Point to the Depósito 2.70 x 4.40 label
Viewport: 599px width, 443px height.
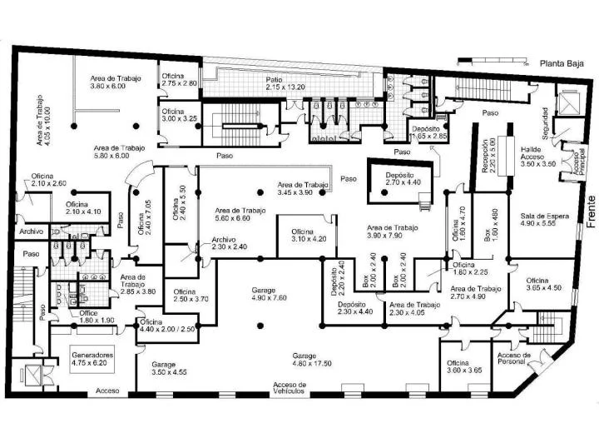[x=403, y=178]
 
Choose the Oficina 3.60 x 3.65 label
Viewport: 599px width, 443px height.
[x=464, y=367]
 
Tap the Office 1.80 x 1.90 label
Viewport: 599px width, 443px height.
[x=73, y=316]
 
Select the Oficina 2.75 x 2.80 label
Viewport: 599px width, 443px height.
[x=179, y=80]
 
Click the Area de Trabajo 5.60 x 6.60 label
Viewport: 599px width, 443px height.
[x=237, y=214]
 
